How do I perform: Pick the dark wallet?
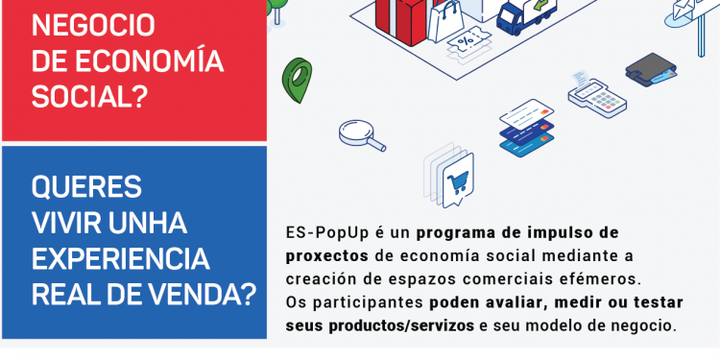[653, 68]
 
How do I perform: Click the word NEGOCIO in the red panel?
[93, 24]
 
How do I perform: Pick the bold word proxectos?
[327, 256]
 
